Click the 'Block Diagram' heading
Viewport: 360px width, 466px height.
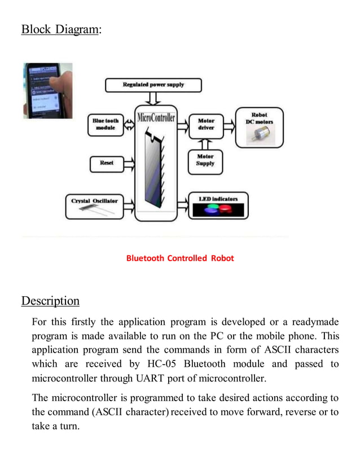60,29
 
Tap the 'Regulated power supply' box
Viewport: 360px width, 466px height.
153,85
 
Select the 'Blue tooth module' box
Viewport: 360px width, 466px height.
106,124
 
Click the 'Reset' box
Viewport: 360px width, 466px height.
107,163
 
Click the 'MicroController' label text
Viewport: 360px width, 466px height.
156,118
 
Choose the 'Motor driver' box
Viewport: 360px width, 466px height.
206,124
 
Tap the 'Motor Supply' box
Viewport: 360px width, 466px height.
205,160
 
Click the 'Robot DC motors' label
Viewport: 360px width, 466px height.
260,118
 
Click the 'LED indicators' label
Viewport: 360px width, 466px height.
218,199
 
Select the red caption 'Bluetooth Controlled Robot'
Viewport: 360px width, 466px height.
180,258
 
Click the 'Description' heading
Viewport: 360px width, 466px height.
50,301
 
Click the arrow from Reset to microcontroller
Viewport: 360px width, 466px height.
128,164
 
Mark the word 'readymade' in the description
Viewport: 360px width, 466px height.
313,322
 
